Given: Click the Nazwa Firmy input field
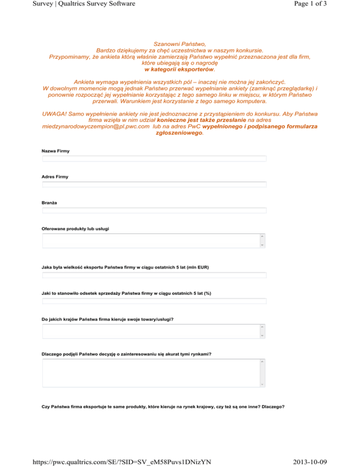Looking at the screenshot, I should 154,159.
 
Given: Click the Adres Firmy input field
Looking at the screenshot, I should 154,184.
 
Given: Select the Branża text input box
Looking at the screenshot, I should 154,210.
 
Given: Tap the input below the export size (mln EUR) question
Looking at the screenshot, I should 154,275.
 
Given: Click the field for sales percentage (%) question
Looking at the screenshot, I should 154,301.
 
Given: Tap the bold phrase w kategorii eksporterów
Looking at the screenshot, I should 180,69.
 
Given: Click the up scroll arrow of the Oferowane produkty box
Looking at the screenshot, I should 262,236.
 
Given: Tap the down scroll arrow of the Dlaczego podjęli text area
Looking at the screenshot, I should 262,384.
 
